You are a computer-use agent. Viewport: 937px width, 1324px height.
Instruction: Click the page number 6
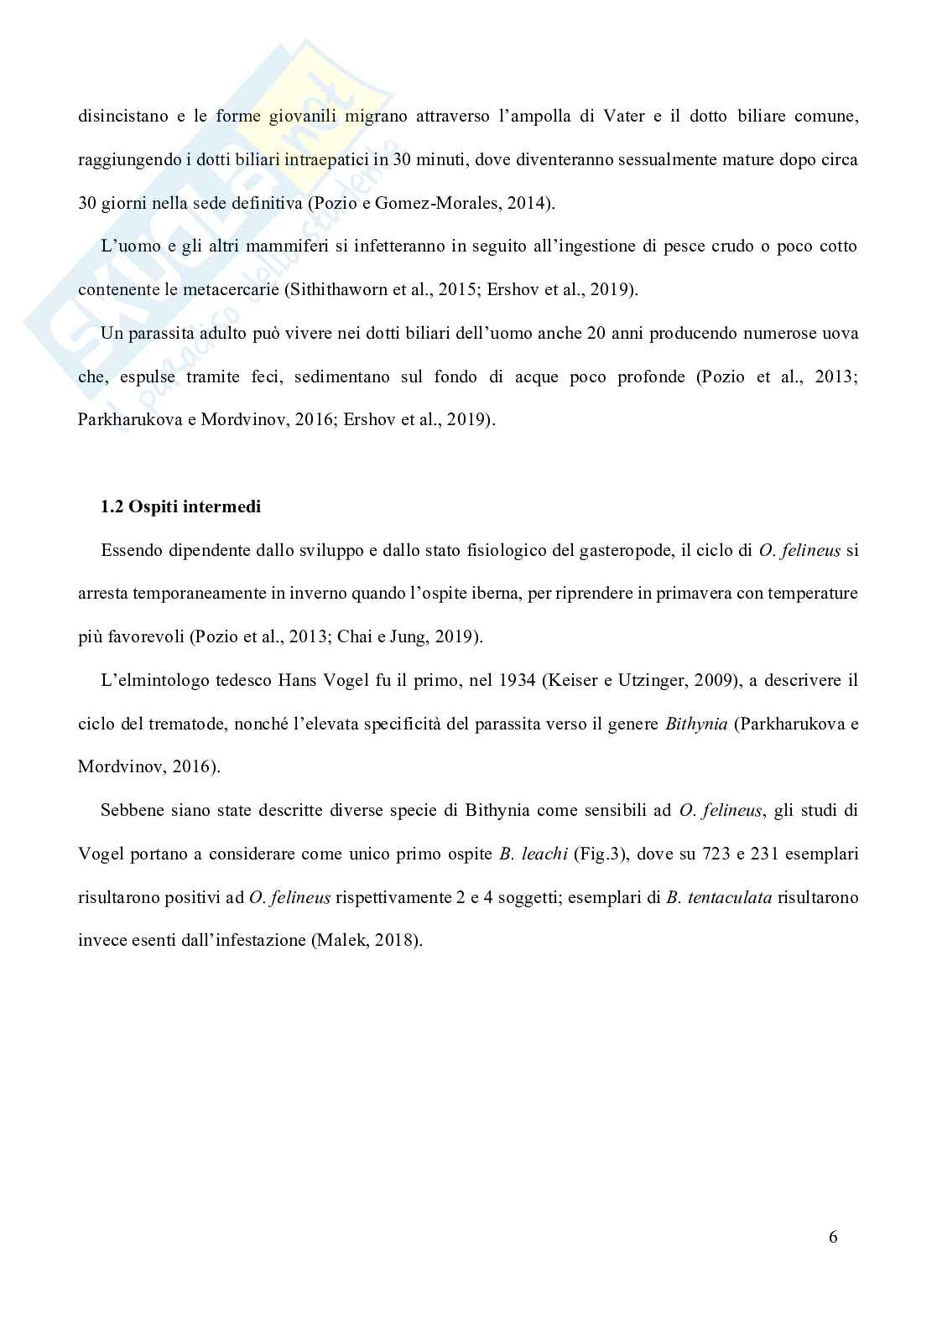(x=832, y=1237)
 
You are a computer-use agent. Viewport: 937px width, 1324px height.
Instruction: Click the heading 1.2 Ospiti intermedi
(x=180, y=506)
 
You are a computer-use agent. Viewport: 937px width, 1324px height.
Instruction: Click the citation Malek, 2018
(x=365, y=940)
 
